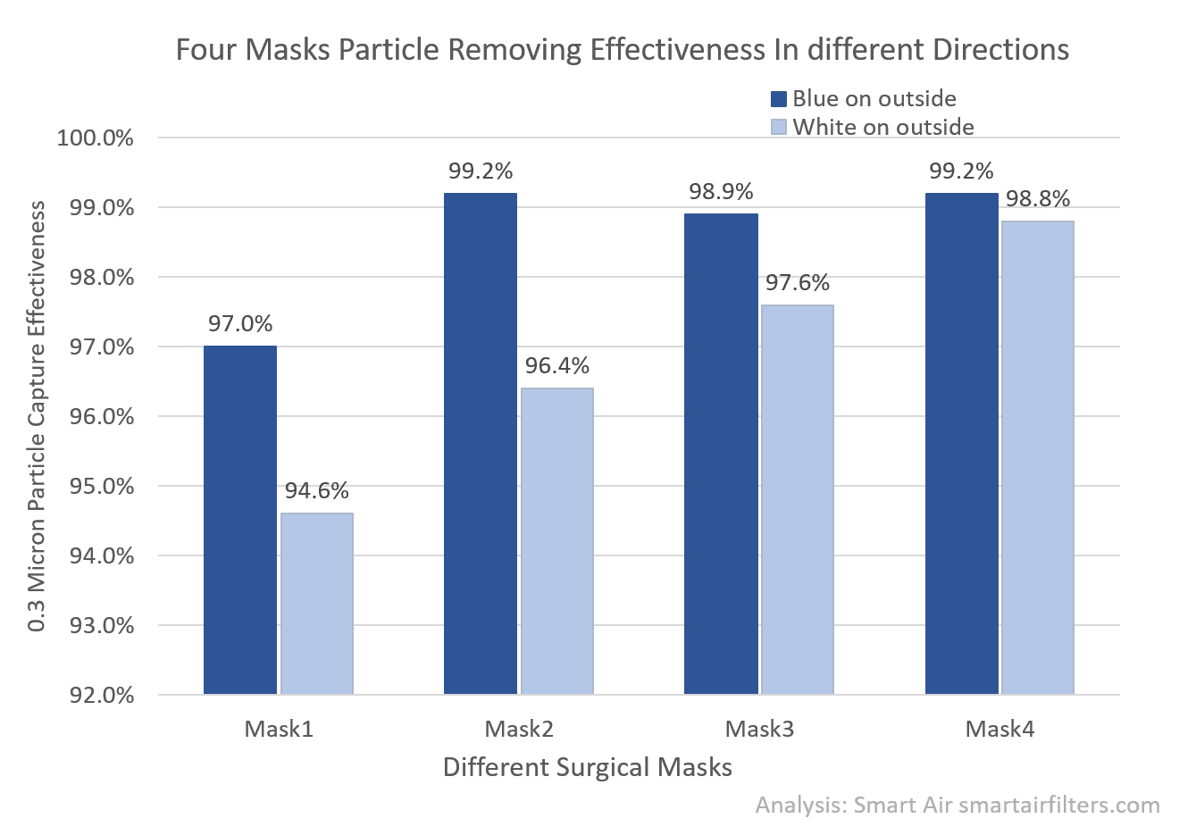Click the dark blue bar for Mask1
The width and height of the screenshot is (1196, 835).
(x=240, y=520)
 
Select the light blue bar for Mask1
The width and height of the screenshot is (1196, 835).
(x=317, y=604)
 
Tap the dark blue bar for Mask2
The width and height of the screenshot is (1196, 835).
(x=481, y=444)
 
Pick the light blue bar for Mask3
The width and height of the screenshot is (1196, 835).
(x=797, y=499)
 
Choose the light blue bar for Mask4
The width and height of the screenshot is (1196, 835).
(x=1037, y=457)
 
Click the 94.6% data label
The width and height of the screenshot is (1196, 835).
(x=317, y=491)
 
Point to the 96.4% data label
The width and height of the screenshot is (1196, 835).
(x=557, y=366)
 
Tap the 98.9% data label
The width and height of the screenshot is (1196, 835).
(x=721, y=192)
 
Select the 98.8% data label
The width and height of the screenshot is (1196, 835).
(x=1037, y=199)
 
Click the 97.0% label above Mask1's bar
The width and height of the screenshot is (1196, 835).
(x=240, y=324)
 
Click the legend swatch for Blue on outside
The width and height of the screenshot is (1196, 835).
(x=779, y=99)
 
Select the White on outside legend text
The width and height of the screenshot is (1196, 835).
(x=882, y=127)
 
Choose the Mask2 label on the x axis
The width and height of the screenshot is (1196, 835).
(x=519, y=730)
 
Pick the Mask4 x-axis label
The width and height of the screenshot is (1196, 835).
(x=999, y=730)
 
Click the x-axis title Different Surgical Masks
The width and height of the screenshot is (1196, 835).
(x=588, y=767)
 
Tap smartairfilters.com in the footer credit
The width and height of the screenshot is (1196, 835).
(x=1059, y=805)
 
